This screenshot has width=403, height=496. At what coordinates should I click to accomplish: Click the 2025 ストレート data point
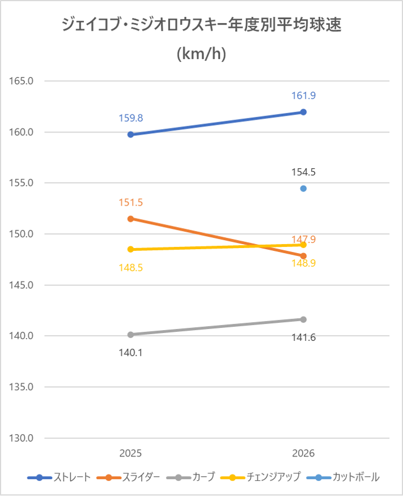coord(130,134)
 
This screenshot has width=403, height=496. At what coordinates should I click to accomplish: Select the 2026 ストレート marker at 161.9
coord(303,112)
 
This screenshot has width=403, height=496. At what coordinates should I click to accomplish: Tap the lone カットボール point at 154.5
coord(303,189)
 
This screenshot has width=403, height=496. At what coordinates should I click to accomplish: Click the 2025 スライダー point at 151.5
coord(130,219)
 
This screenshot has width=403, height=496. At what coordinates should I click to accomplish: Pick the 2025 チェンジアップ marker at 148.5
coord(130,249)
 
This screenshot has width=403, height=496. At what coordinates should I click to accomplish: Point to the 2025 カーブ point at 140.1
coord(130,335)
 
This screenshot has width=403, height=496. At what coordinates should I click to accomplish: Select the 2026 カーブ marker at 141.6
coord(303,319)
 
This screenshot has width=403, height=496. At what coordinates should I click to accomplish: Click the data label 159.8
coord(131,118)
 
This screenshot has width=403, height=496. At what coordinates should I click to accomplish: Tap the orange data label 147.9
coord(304,239)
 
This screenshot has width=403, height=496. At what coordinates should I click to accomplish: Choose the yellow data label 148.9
coord(304,263)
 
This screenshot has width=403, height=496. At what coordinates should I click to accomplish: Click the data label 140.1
coord(131,352)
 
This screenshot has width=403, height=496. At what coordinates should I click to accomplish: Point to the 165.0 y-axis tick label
coord(21,81)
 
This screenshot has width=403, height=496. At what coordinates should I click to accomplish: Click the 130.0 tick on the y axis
coord(21,438)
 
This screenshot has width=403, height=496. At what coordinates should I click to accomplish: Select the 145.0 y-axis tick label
coord(21,285)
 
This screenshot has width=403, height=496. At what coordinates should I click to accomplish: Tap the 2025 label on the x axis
coord(130,454)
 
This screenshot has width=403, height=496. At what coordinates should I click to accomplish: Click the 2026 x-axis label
coord(303,454)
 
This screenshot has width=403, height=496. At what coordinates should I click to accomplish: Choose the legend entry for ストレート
coord(59,477)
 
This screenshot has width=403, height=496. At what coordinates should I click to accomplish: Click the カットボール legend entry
coord(343,477)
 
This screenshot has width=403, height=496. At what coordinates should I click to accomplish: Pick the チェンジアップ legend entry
coord(260,477)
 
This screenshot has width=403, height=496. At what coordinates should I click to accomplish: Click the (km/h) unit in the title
coord(201,53)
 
